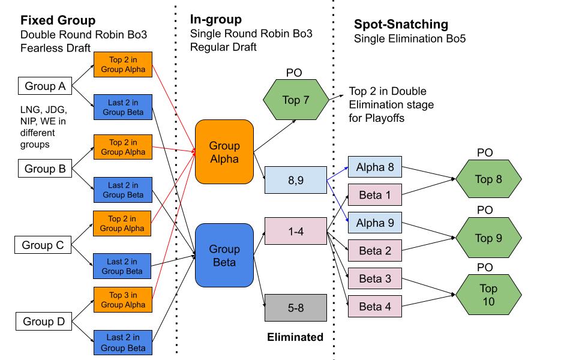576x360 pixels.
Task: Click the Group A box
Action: [x=45, y=86]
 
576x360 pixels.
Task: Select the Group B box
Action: [x=45, y=169]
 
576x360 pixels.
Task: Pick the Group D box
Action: [x=43, y=322]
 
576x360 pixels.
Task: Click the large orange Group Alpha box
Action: [x=224, y=152]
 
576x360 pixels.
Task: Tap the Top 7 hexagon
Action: [x=295, y=100]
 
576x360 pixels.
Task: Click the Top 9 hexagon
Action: [x=488, y=238]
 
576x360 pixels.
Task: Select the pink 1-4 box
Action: [x=295, y=230]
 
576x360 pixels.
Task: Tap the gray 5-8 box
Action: [x=295, y=308]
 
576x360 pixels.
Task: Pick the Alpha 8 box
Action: [x=375, y=167]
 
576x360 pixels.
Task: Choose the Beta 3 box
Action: [x=375, y=279]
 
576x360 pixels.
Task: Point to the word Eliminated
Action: [x=295, y=337]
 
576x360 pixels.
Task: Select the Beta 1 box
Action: [x=375, y=195]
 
